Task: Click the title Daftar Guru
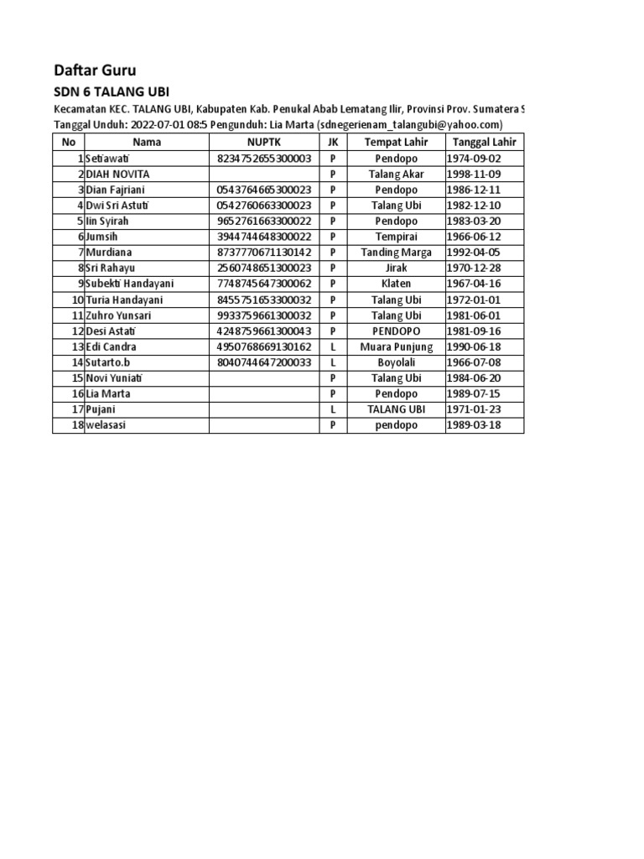pos(95,70)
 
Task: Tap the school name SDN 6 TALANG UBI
pos(117,92)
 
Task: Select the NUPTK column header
pos(264,143)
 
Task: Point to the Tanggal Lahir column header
pos(484,143)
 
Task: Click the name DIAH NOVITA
pos(117,174)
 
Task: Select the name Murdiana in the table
pos(109,252)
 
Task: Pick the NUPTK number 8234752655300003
pos(264,159)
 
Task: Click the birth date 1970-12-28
pos(474,268)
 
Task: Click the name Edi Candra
pos(111,346)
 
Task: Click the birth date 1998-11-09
pos(474,174)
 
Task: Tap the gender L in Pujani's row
pos(333,409)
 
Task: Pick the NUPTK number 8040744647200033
pos(264,362)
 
